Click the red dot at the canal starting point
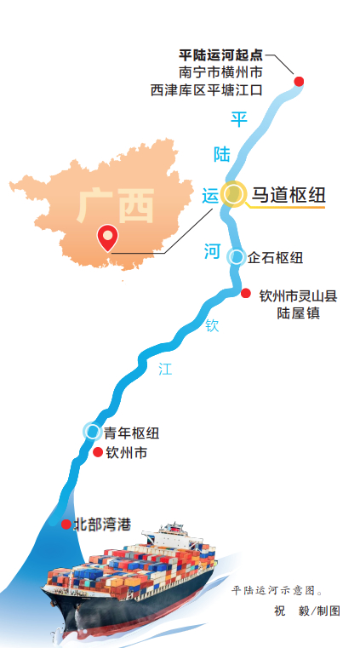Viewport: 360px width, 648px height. click(x=299, y=82)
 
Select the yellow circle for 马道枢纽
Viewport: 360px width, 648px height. click(x=231, y=194)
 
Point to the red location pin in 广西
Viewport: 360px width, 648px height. click(x=107, y=236)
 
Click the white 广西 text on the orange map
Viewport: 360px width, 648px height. click(x=114, y=205)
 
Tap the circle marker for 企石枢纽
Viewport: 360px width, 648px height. click(x=237, y=256)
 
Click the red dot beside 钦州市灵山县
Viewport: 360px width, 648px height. click(x=245, y=294)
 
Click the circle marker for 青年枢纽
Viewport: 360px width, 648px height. click(x=91, y=431)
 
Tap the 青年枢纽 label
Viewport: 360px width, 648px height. click(x=131, y=433)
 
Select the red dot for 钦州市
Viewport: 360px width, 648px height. click(x=98, y=452)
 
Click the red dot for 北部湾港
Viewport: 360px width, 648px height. click(x=66, y=524)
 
